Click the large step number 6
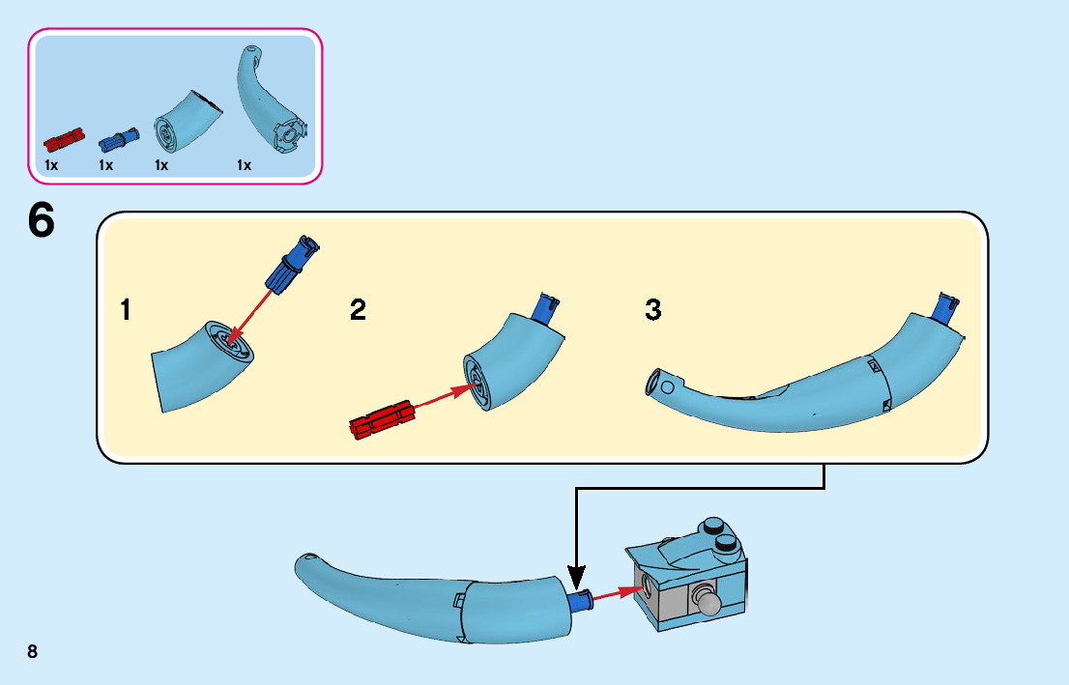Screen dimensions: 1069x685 pos(41,221)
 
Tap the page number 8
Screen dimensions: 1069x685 pos(33,651)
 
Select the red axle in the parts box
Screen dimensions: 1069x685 pos(65,142)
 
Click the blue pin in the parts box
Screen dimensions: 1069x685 pos(118,141)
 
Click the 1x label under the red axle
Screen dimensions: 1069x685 pos(51,165)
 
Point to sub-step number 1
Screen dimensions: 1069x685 pos(126,310)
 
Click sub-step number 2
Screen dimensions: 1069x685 pos(359,310)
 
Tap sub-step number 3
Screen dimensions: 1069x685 pos(653,310)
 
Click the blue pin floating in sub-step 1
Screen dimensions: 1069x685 pos(292,265)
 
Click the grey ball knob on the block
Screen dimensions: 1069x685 pos(712,604)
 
